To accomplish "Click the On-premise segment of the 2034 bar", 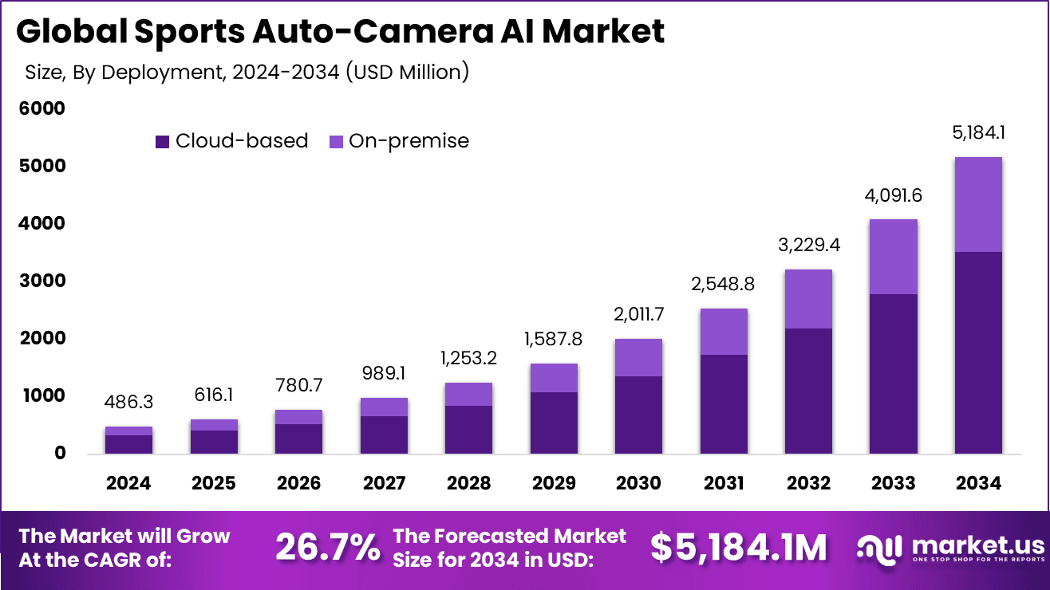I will [977, 205].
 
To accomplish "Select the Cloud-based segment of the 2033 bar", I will [893, 374].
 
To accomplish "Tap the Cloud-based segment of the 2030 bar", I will [637, 415].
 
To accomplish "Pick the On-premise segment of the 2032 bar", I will [807, 299].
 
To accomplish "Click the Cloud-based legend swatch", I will [163, 142].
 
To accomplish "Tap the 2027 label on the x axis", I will [384, 483].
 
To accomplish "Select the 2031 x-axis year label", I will [724, 483].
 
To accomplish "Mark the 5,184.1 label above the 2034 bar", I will [977, 132].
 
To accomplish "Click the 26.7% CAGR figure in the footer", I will [328, 547].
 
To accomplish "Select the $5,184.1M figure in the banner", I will [738, 547].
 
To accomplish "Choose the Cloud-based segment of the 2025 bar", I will [213, 442].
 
